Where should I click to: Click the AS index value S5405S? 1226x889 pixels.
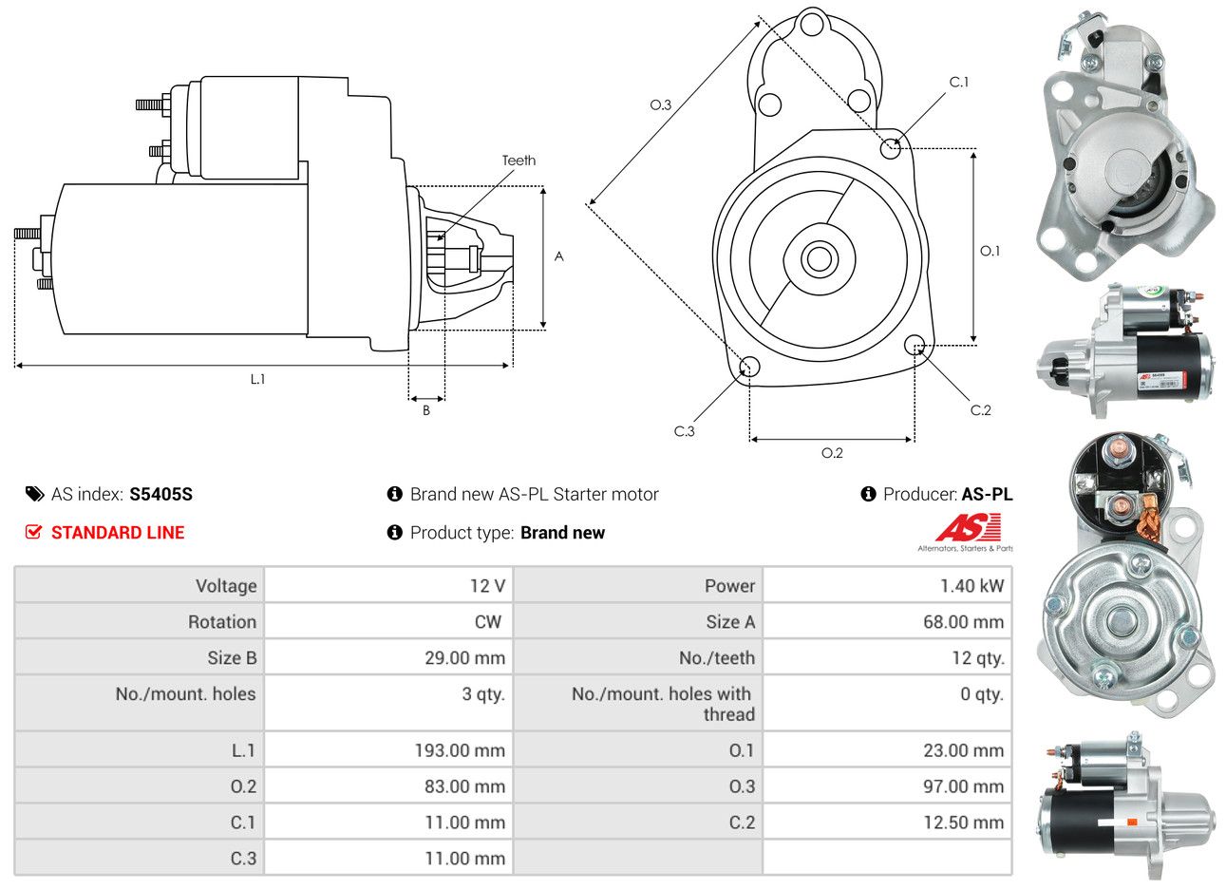(160, 494)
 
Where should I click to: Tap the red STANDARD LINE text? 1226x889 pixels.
(118, 533)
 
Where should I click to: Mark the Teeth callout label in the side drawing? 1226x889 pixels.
(519, 161)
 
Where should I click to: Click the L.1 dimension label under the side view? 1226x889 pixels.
(257, 379)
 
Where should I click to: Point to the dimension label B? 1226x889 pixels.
(426, 410)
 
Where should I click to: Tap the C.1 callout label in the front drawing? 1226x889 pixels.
(959, 83)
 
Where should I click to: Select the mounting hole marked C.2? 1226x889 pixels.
(915, 345)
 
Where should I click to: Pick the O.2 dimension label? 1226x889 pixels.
(832, 453)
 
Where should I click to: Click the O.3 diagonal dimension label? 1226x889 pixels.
(660, 104)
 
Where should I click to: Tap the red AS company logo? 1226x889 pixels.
(968, 528)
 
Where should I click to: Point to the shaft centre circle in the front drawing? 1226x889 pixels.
(817, 258)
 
